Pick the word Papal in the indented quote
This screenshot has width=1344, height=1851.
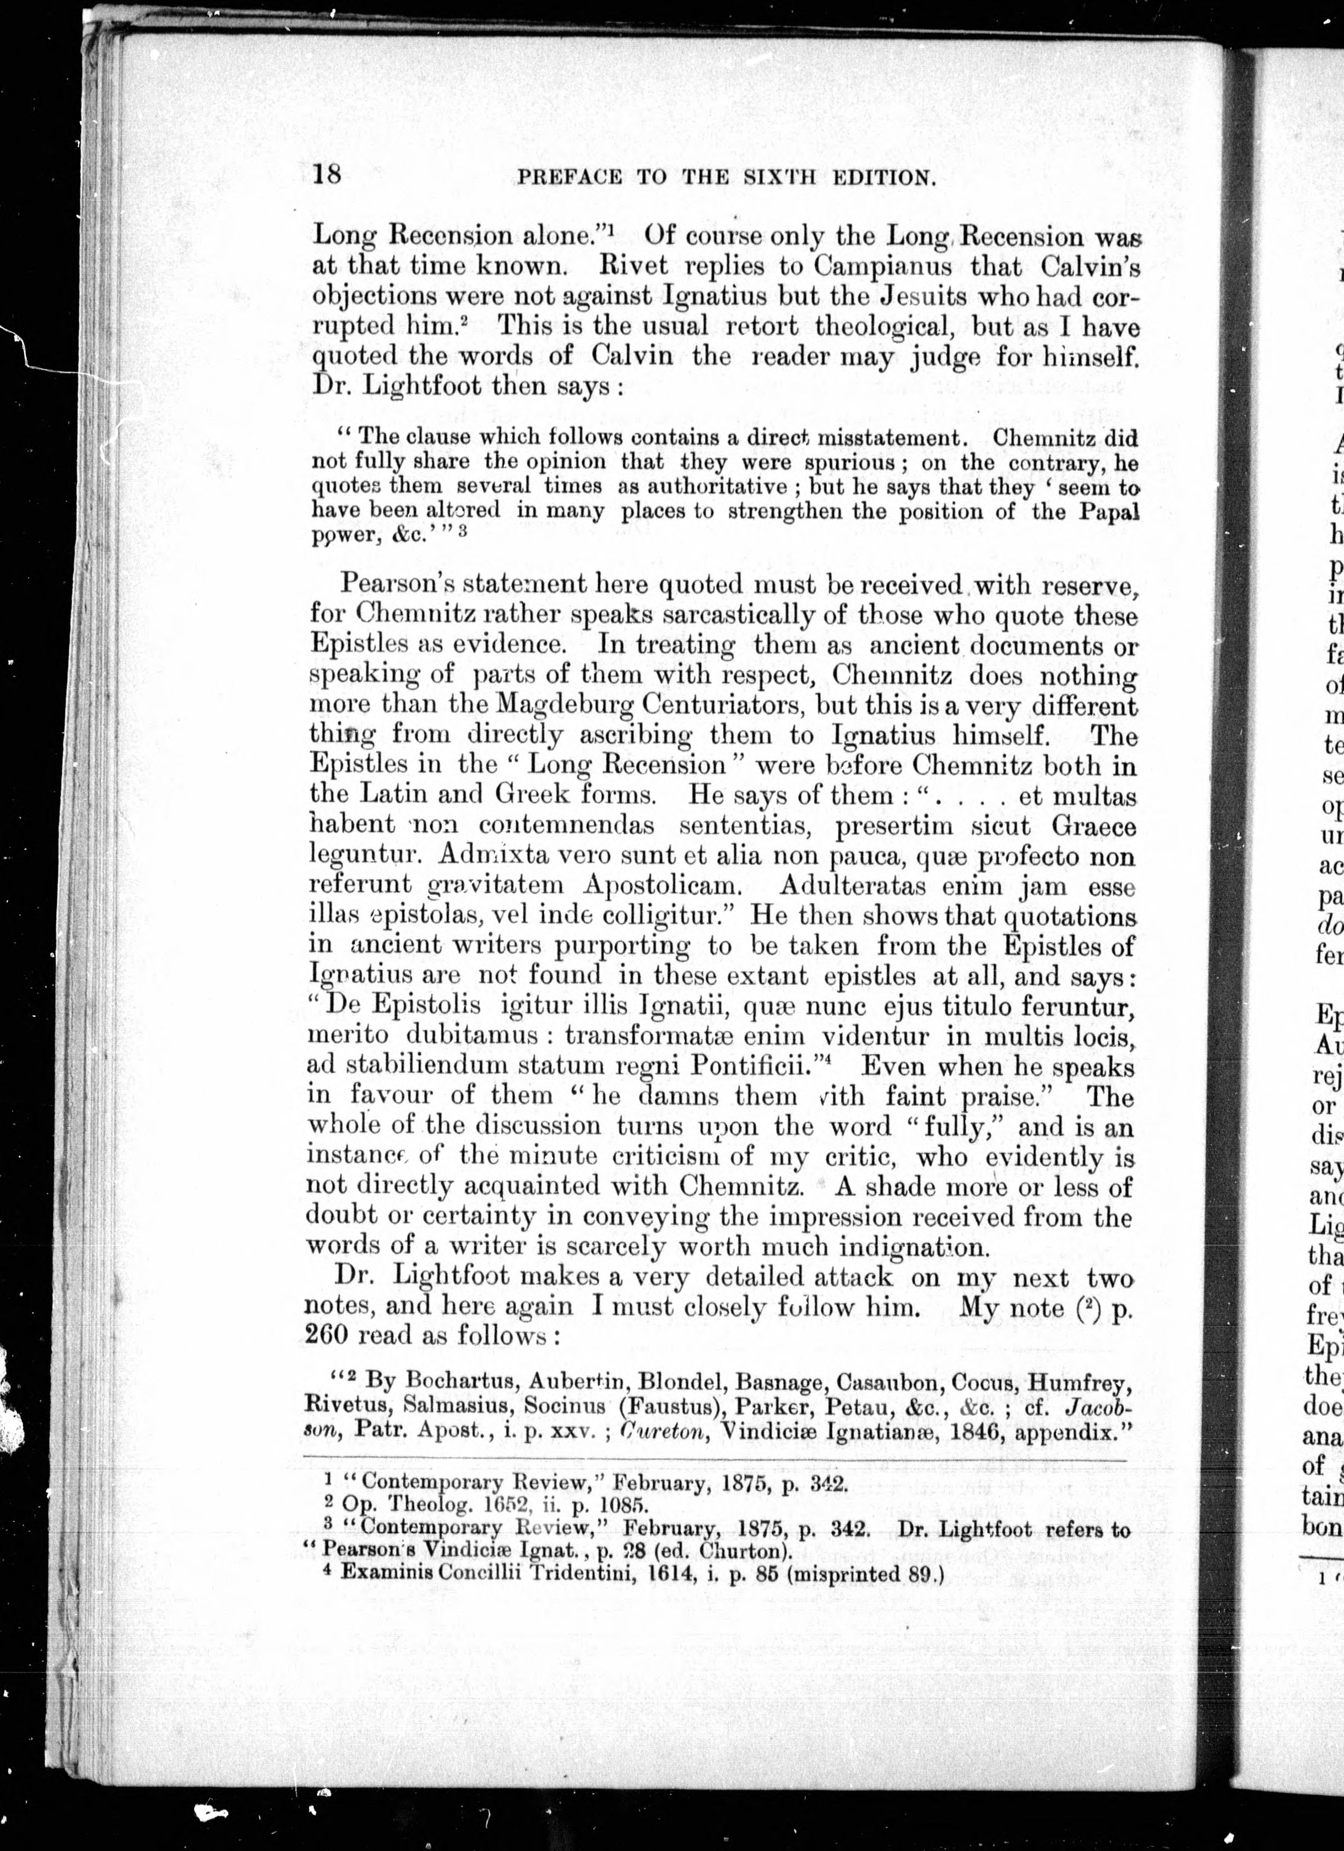pyautogui.click(x=1107, y=512)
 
